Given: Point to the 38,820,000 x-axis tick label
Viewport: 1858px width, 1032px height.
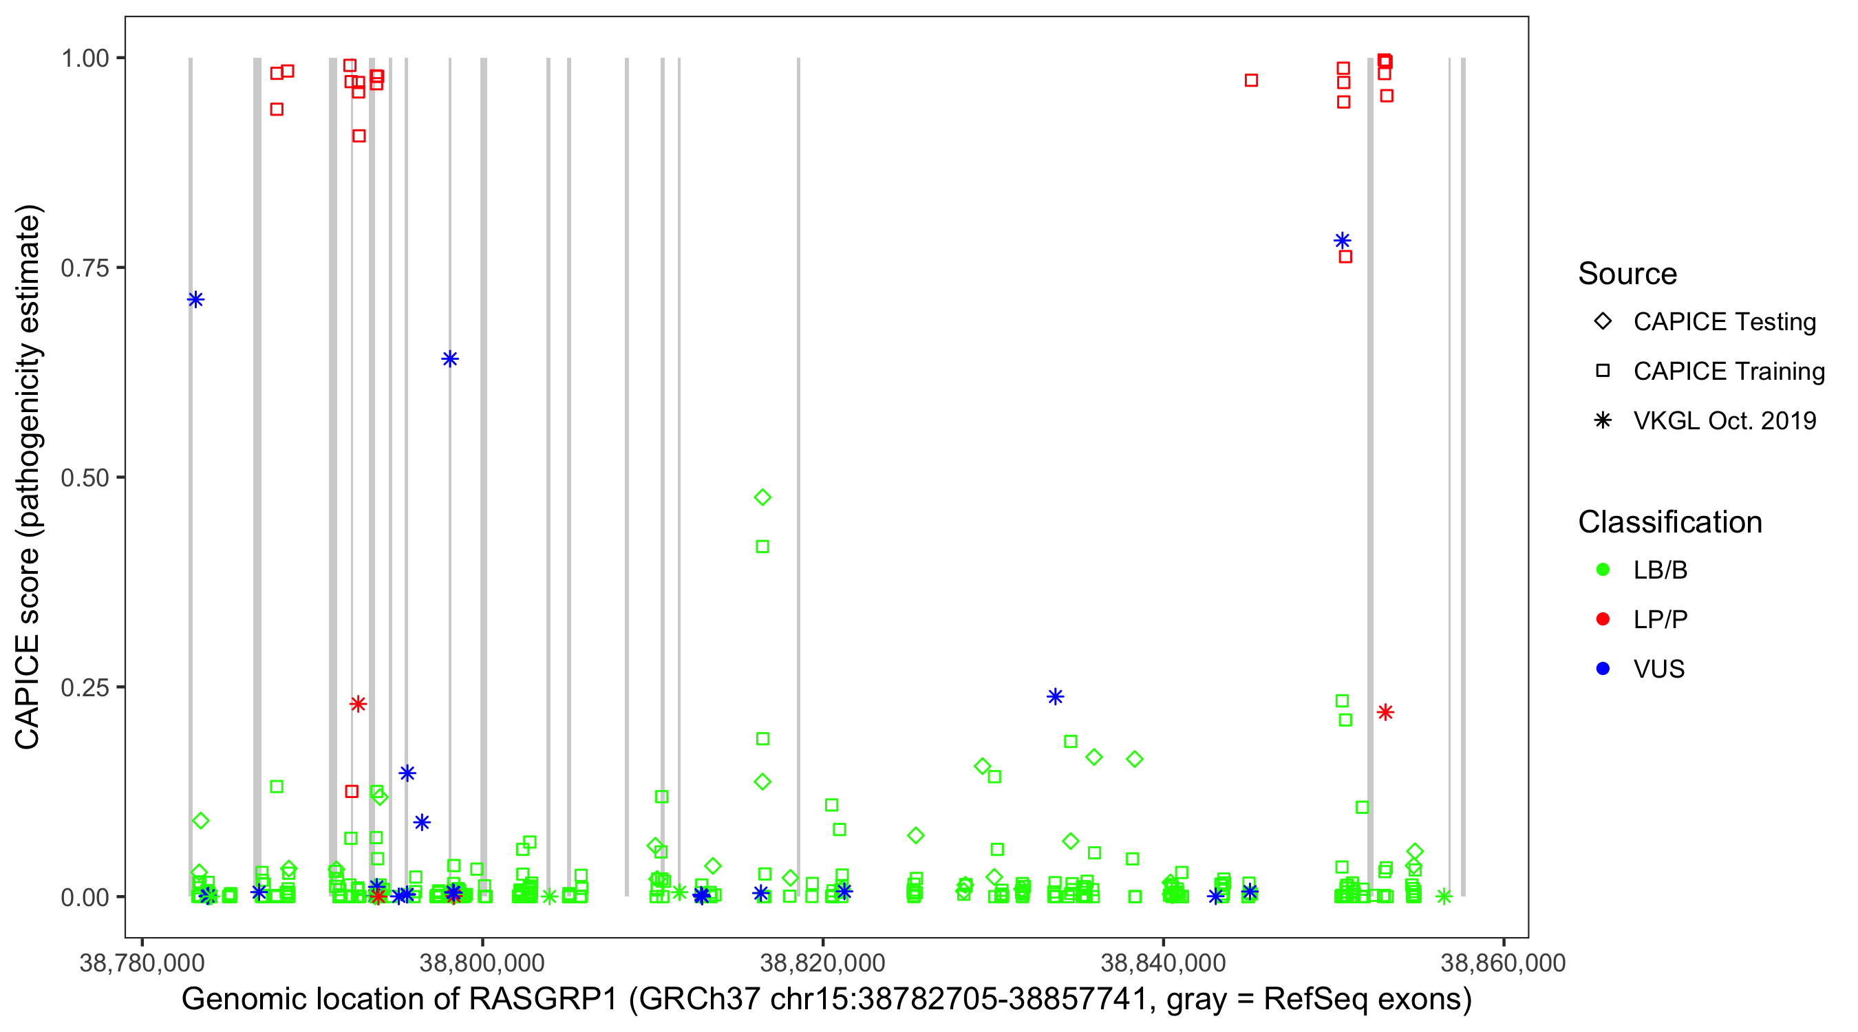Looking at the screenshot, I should point(822,963).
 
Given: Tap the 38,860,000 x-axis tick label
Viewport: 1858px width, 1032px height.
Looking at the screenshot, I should point(1503,963).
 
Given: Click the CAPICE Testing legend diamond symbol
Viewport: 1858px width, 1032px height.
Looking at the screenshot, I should point(1603,322).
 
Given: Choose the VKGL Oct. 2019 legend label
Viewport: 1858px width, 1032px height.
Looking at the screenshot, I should point(1724,420).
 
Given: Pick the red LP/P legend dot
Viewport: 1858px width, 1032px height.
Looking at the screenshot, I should point(1603,619).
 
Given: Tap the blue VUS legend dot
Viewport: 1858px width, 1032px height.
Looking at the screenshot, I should point(1603,669).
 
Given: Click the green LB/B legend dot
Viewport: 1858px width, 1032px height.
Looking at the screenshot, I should point(1603,570).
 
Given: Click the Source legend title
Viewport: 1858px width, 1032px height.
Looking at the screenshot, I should point(1627,274).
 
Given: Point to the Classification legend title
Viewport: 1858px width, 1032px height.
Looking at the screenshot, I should point(1669,522).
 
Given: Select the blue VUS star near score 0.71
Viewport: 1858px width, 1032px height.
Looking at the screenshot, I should point(195,300).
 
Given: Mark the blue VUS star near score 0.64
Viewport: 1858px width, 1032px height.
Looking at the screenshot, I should point(450,359).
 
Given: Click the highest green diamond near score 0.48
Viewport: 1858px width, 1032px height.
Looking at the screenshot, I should point(762,497).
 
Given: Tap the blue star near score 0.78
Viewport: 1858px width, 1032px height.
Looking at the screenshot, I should point(1343,241).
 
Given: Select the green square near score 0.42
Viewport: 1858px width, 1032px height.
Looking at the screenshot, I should point(762,548).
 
